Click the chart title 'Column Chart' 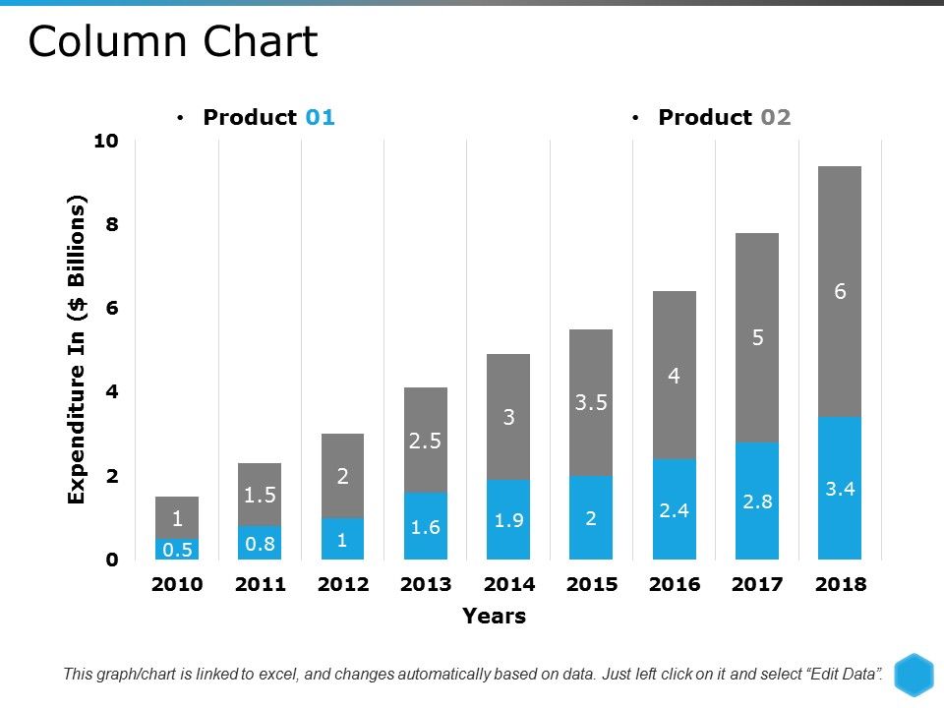pyautogui.click(x=173, y=42)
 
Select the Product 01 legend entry pyautogui.click(x=267, y=117)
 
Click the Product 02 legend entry pyautogui.click(x=724, y=117)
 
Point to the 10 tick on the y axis pyautogui.click(x=105, y=141)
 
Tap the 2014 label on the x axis pyautogui.click(x=508, y=584)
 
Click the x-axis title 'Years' pyautogui.click(x=494, y=617)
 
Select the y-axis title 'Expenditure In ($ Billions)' pyautogui.click(x=78, y=350)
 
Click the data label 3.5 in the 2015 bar pyautogui.click(x=591, y=402)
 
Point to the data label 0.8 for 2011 pyautogui.click(x=260, y=543)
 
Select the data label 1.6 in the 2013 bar pyautogui.click(x=426, y=527)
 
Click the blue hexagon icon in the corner pyautogui.click(x=913, y=674)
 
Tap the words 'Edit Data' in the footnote pyautogui.click(x=842, y=675)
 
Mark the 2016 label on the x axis pyautogui.click(x=675, y=584)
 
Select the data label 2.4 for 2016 pyautogui.click(x=674, y=510)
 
